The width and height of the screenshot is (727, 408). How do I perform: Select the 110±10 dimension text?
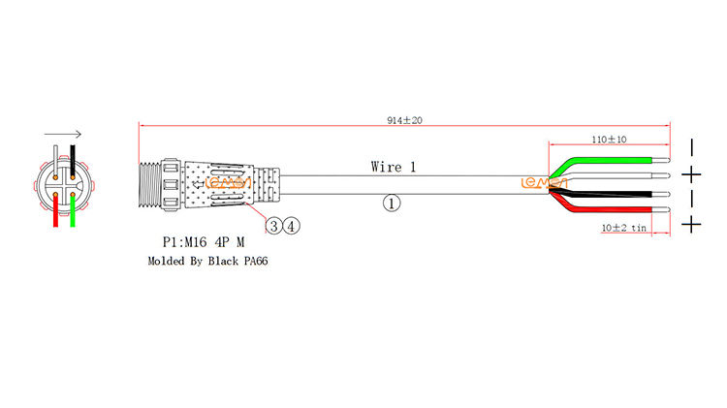click(x=611, y=140)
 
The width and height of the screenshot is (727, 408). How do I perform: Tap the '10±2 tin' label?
click(x=624, y=227)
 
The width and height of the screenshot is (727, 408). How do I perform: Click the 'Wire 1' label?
click(x=394, y=167)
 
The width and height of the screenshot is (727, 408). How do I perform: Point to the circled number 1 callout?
click(x=392, y=204)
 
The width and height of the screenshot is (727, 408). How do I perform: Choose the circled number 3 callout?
click(x=275, y=226)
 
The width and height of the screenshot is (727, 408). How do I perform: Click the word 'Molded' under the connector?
click(x=165, y=261)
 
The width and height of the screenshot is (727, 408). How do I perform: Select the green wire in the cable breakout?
click(x=611, y=159)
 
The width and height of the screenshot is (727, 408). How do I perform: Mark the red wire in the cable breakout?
click(x=611, y=210)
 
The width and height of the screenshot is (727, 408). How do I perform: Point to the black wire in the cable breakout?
click(x=611, y=193)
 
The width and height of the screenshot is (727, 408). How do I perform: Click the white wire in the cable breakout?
click(x=611, y=176)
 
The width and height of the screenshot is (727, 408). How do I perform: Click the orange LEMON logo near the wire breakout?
click(x=536, y=181)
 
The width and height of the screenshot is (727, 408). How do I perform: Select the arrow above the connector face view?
click(x=63, y=136)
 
